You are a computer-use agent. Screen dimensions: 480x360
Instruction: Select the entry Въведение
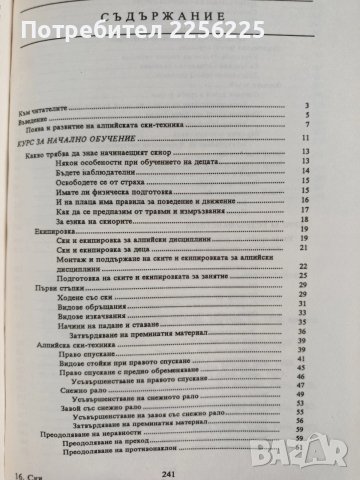tap(49, 115)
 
